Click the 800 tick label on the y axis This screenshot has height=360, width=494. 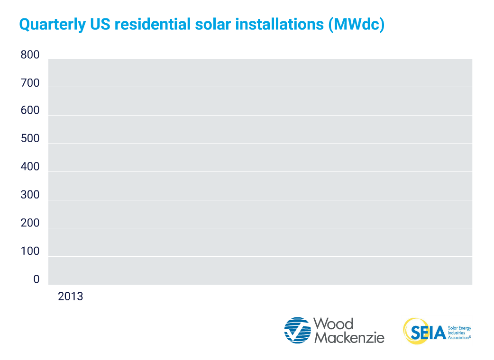[x=30, y=55]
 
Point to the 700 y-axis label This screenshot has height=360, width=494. [x=30, y=83]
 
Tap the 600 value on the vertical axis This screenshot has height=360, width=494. [x=30, y=111]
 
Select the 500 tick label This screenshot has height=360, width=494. [x=30, y=139]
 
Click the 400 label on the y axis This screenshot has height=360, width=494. [x=30, y=167]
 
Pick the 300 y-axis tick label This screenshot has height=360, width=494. [x=30, y=195]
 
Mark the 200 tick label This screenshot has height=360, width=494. [x=30, y=223]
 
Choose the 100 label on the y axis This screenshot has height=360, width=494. [x=30, y=252]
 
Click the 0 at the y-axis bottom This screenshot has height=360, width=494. [x=37, y=279]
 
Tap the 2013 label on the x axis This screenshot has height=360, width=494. [x=70, y=297]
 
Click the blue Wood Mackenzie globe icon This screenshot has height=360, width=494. [x=297, y=330]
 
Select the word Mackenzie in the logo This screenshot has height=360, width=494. [x=349, y=337]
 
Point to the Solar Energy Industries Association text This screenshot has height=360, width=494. [x=459, y=333]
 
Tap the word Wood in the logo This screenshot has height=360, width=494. [x=334, y=324]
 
